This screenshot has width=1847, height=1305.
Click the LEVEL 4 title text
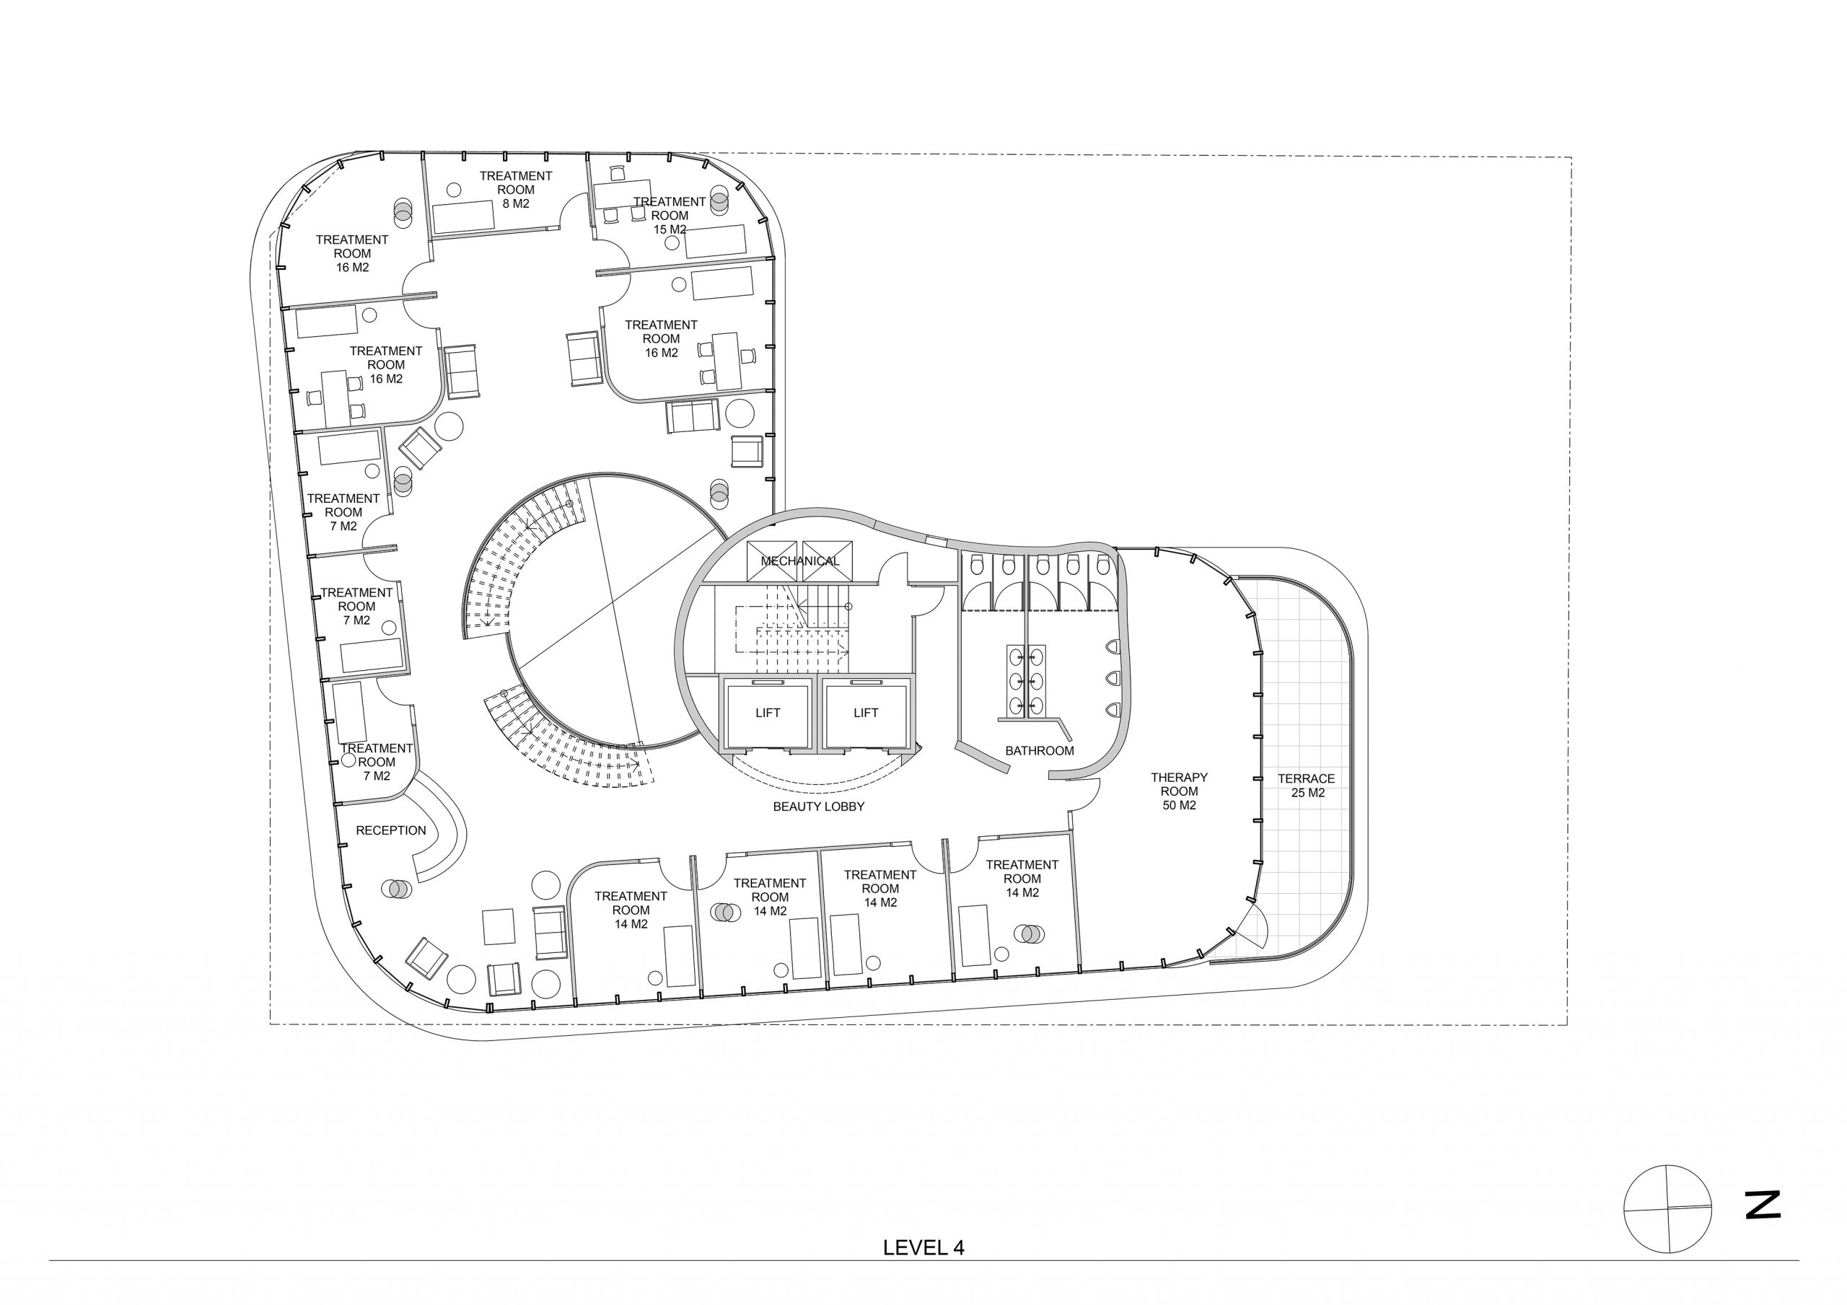pos(923,1248)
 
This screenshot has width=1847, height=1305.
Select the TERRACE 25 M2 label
pos(1307,786)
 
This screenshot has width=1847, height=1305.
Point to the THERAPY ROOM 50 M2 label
pos(1180,791)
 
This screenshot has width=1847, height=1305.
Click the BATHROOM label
pos(1040,751)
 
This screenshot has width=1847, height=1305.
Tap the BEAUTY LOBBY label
pos(819,807)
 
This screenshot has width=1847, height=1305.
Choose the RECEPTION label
pos(391,830)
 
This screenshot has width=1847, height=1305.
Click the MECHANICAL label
pos(799,561)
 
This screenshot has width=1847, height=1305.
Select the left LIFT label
pos(768,713)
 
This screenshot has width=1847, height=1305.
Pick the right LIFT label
pos(866,713)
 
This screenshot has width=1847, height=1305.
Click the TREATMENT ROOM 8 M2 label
pos(516,190)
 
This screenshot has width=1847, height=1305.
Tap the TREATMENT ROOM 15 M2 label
pos(670,216)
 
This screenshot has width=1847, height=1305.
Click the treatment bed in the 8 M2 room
pos(463,217)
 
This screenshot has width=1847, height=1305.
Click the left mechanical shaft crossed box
pos(771,561)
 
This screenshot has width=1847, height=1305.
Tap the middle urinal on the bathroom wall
pos(1114,677)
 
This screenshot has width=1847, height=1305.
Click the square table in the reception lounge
pos(499,926)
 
